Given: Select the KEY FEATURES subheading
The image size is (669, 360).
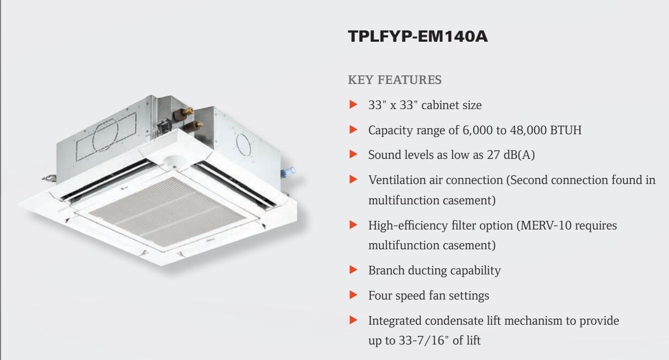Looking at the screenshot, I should click(395, 80).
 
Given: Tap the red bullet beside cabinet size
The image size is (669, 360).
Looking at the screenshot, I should click(352, 105).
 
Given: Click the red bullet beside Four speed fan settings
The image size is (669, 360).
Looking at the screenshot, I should click(352, 296).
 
